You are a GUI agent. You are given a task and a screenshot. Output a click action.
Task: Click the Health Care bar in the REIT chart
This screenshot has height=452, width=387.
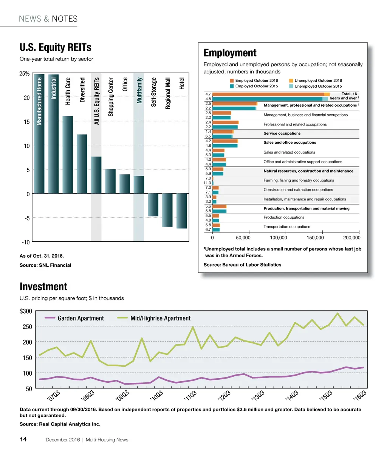[x=68, y=155]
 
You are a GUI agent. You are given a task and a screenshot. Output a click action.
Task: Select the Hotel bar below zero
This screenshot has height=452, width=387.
[x=182, y=211]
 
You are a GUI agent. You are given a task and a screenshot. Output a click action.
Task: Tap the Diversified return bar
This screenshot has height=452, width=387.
[x=82, y=164]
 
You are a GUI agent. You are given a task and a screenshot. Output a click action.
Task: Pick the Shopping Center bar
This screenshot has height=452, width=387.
[x=110, y=181]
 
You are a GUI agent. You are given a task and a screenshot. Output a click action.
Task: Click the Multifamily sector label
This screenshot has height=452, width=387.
[x=139, y=90]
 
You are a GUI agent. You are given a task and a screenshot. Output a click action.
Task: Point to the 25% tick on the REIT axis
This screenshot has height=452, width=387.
[x=25, y=74]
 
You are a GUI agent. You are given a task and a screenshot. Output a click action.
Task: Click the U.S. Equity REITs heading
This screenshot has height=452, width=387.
[x=55, y=48]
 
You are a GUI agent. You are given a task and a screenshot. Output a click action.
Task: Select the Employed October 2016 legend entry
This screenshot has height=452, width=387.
[x=254, y=81]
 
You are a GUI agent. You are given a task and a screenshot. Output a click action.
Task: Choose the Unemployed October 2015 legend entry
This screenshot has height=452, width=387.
[x=315, y=86]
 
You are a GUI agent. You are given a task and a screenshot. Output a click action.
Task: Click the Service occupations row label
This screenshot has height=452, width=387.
[x=282, y=134]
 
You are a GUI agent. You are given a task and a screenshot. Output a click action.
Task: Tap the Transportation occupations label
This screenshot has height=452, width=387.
[x=286, y=227]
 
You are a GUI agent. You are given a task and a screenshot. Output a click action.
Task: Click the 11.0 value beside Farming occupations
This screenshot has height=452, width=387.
[x=207, y=183]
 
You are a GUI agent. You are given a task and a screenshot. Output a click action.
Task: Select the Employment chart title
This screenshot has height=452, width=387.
[x=230, y=53]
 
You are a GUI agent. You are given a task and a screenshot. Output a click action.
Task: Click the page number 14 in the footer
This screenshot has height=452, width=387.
[x=23, y=440]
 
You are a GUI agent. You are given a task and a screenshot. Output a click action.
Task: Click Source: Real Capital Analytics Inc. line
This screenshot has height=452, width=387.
[x=60, y=424]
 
